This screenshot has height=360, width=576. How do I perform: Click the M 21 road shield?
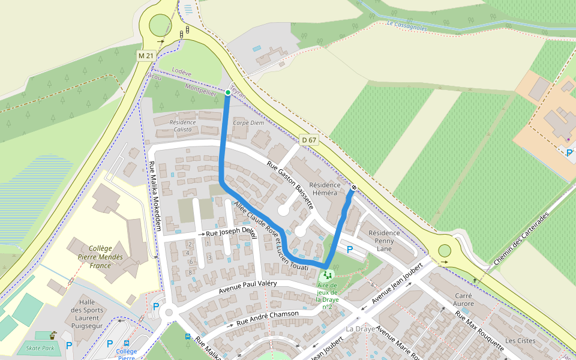pyautogui.click(x=146, y=56)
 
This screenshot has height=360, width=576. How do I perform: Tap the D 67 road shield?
pyautogui.click(x=309, y=140)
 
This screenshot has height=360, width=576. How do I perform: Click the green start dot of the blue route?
pyautogui.click(x=228, y=92)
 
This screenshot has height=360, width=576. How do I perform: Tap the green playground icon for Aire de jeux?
pyautogui.click(x=328, y=275)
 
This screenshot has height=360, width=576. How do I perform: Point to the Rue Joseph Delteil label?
pyautogui.click(x=231, y=232)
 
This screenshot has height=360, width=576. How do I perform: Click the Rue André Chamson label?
pyautogui.click(x=268, y=317)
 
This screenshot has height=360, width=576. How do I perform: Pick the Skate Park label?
pyautogui.click(x=40, y=348)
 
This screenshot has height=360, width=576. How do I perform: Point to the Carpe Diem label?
pyautogui.click(x=248, y=122)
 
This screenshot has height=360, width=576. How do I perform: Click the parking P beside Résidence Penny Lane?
pyautogui.click(x=350, y=249)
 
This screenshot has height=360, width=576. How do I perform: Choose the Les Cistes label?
pyautogui.click(x=520, y=341)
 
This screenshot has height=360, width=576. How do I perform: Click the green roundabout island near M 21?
pyautogui.click(x=160, y=25)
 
